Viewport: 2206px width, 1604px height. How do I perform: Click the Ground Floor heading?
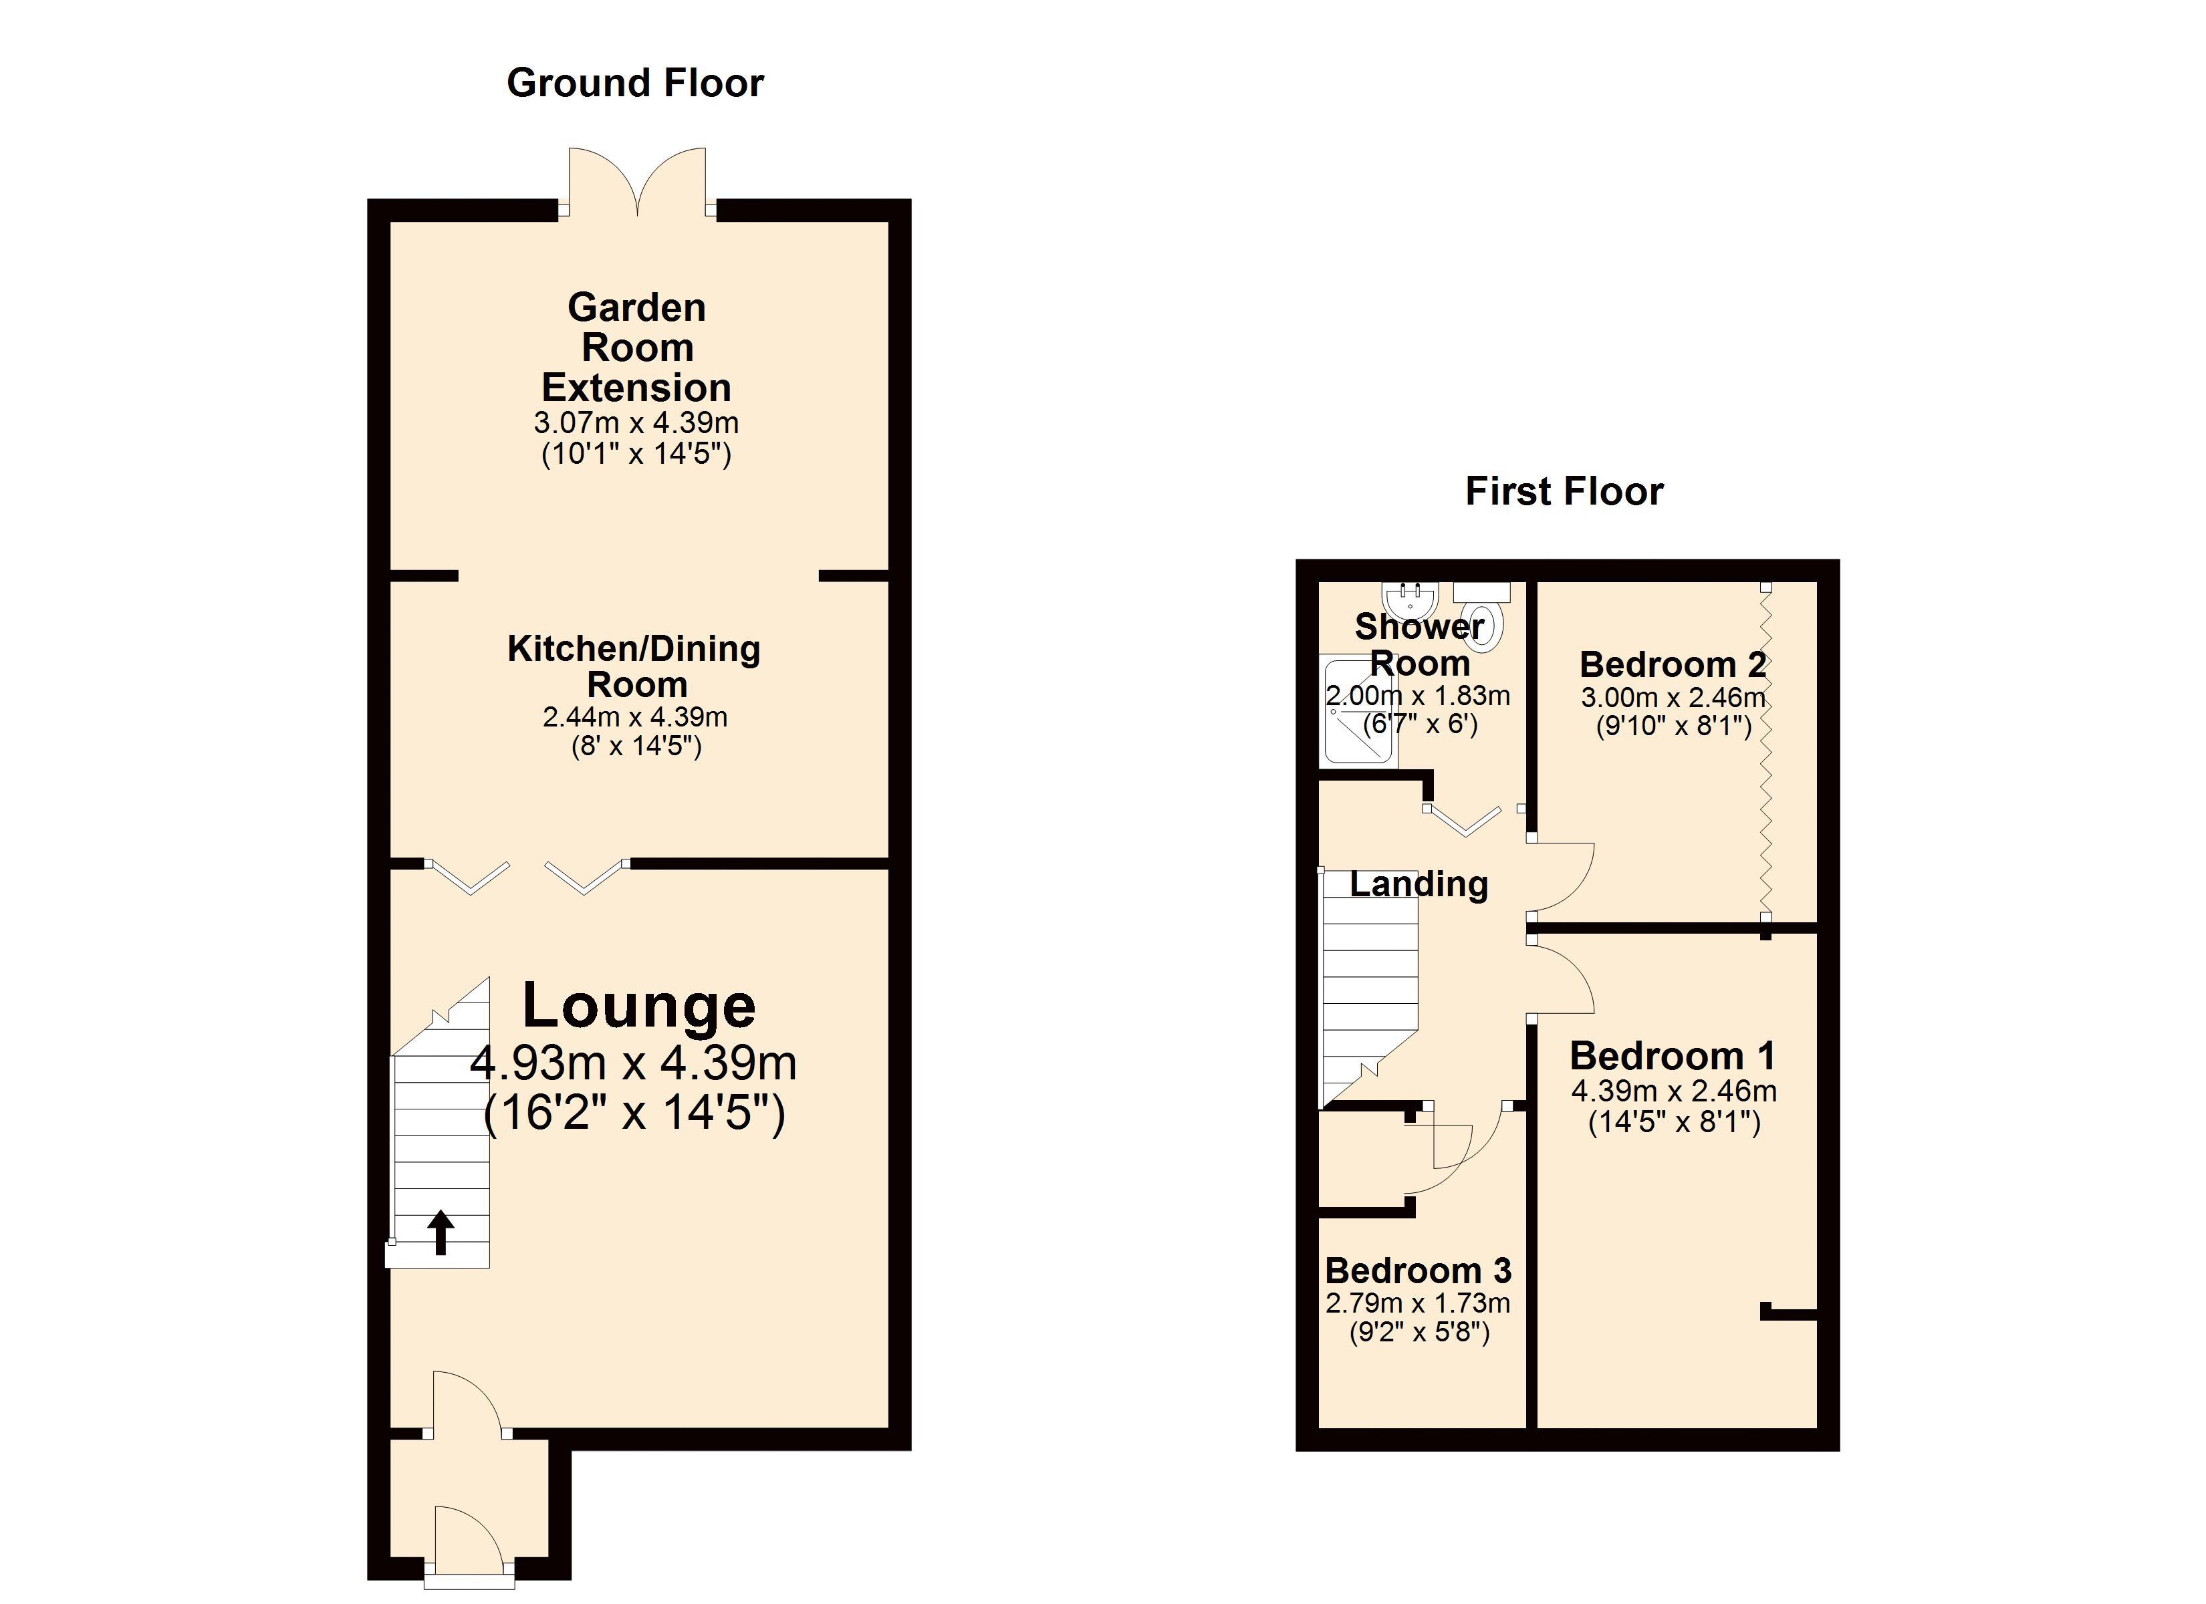click(635, 84)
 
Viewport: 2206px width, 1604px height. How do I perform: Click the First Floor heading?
click(1564, 492)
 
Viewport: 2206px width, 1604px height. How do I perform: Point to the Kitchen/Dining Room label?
click(634, 666)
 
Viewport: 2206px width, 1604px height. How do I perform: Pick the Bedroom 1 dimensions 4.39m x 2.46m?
click(1674, 1091)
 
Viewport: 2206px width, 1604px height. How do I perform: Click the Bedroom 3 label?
click(1418, 1271)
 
